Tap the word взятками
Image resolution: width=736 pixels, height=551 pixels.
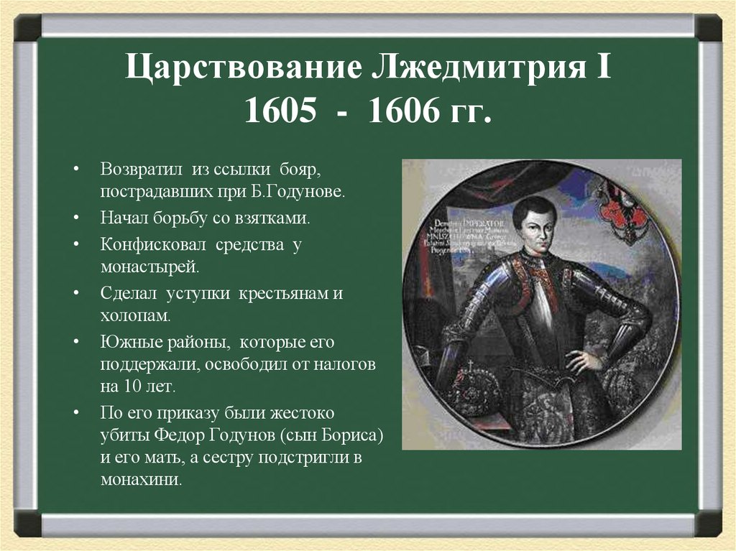(277, 216)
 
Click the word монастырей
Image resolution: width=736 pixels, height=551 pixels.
(149, 267)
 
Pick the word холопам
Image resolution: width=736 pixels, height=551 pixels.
(136, 315)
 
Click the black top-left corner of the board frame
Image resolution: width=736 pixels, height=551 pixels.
(27, 28)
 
